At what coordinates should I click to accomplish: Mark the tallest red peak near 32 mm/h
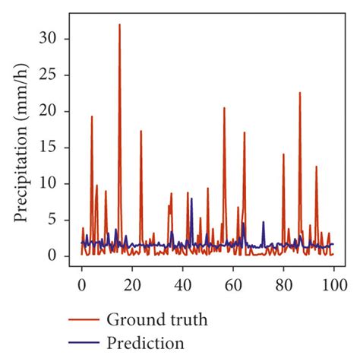coord(119,25)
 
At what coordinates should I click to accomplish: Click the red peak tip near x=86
coord(299,93)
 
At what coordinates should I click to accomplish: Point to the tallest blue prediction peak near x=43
coord(191,198)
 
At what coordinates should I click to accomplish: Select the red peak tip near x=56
coord(224,108)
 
